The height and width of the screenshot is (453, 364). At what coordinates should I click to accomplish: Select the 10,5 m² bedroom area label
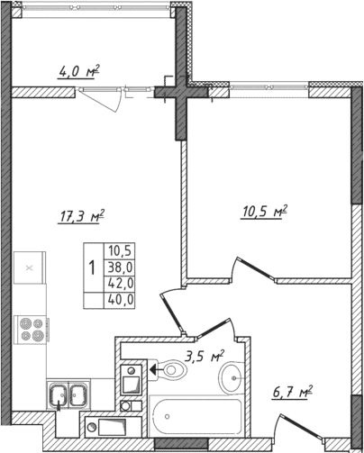pos(265,212)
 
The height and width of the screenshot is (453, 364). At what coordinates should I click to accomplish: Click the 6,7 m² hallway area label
pos(291,392)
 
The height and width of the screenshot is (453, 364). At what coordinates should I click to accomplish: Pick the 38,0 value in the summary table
pos(120,267)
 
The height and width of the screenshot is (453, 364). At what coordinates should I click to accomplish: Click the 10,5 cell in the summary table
pos(120,251)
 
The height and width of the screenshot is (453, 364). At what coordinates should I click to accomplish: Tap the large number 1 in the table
pos(93,267)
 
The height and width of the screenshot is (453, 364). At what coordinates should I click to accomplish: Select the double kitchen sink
pos(68,393)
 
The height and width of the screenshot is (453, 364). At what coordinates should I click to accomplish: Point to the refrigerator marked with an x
pos(30,267)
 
